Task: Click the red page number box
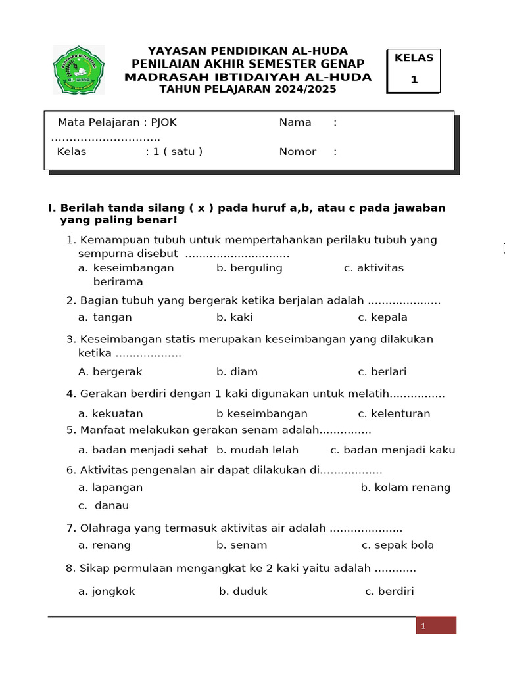[435, 626]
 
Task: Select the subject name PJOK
[164, 122]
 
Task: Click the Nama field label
[295, 122]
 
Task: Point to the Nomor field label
[298, 152]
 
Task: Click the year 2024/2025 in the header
[304, 89]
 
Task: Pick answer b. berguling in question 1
[249, 268]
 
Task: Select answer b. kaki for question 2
[235, 317]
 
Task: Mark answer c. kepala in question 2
[383, 317]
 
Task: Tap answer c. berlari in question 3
[382, 372]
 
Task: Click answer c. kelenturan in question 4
[394, 414]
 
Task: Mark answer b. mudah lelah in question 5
[257, 450]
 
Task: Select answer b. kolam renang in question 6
[406, 488]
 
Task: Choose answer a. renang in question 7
[105, 545]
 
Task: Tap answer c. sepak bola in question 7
[398, 545]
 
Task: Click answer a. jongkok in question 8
[107, 592]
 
